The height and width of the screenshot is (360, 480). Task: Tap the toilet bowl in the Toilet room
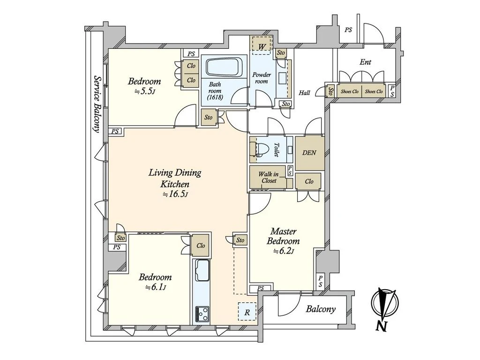pos(257,150)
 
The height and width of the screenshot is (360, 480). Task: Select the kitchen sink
pos(202,270)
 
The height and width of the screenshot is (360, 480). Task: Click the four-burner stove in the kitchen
pos(202,314)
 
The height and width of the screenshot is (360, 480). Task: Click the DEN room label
pos(309,152)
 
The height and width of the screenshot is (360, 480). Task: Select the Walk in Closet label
pos(269,178)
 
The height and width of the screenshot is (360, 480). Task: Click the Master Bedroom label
pos(284,236)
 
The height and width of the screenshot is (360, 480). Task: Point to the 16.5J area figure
pos(175,194)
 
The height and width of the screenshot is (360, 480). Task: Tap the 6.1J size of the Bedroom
pos(155,287)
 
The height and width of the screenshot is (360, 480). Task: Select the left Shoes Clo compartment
pos(350,91)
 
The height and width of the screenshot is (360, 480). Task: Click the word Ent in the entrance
pos(365,62)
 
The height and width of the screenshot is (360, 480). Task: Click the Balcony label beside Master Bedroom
pos(321,309)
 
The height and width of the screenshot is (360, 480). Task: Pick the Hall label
pos(304,93)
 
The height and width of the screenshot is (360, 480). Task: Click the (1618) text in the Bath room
pos(215,97)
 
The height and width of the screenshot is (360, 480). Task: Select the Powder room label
pos(262,78)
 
